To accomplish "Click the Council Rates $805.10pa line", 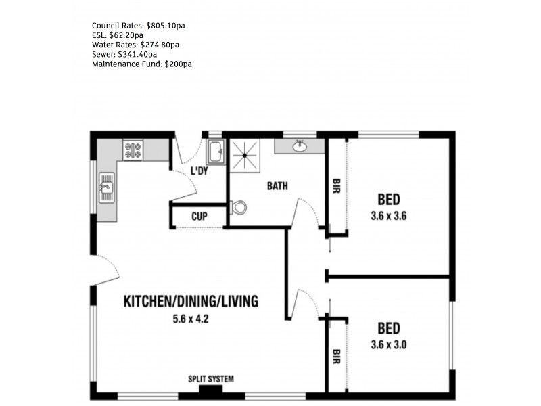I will point(138,25).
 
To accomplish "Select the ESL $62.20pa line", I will point(117,35).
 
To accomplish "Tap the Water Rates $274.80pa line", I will point(135,45).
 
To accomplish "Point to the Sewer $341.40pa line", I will point(124,54).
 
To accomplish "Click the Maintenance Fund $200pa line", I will point(142,64).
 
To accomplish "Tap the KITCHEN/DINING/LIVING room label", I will point(190,302).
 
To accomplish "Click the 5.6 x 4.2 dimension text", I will point(190,319).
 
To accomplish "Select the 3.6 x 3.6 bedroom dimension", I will point(388,217).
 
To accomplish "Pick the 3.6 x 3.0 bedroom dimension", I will point(388,344).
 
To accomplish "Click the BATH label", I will point(278,185).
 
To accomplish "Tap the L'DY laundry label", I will point(199,171).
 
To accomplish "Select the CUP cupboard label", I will point(199,217).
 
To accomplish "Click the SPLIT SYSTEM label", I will point(211,379).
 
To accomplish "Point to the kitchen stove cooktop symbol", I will point(133,150).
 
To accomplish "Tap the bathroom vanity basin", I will point(300,145).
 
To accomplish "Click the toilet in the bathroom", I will point(237,208).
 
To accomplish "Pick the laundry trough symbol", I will point(215,152).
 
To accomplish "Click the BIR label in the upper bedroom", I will point(335,187).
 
